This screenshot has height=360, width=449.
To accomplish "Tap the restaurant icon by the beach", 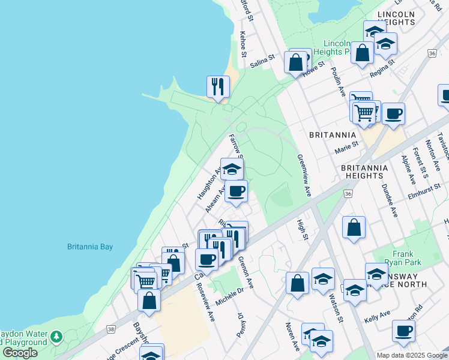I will click(x=218, y=86).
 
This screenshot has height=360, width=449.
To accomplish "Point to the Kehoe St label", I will click(x=243, y=44).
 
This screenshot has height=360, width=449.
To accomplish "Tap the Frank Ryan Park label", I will click(x=407, y=258).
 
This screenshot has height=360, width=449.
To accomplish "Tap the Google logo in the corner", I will click(x=20, y=353).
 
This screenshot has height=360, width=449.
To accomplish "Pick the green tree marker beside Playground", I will click(x=56, y=337).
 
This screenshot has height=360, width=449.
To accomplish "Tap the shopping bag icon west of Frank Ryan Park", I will click(x=354, y=228).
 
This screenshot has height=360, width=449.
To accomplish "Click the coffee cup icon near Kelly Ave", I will click(x=403, y=330).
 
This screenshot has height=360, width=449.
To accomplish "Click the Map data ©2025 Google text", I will click(x=412, y=355).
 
